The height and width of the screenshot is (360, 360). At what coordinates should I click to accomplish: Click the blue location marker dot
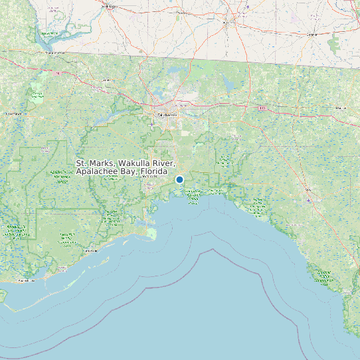(179, 179)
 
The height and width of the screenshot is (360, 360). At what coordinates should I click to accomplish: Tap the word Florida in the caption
(153, 171)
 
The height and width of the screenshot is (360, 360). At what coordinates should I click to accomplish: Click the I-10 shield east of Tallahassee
(262, 108)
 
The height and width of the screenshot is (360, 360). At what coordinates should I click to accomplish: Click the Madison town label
(341, 107)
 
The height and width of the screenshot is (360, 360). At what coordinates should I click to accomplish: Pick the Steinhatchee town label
(323, 279)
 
